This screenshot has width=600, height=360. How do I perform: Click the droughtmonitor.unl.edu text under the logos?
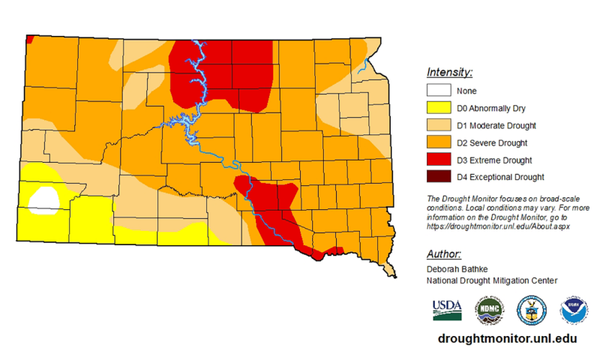tap(508, 339)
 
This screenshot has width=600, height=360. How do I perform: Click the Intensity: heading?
tap(449, 73)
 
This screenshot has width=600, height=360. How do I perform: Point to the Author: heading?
tap(443, 253)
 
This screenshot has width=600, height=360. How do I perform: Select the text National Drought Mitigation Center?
tap(491, 280)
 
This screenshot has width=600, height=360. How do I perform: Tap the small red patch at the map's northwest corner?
tap(28, 39)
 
